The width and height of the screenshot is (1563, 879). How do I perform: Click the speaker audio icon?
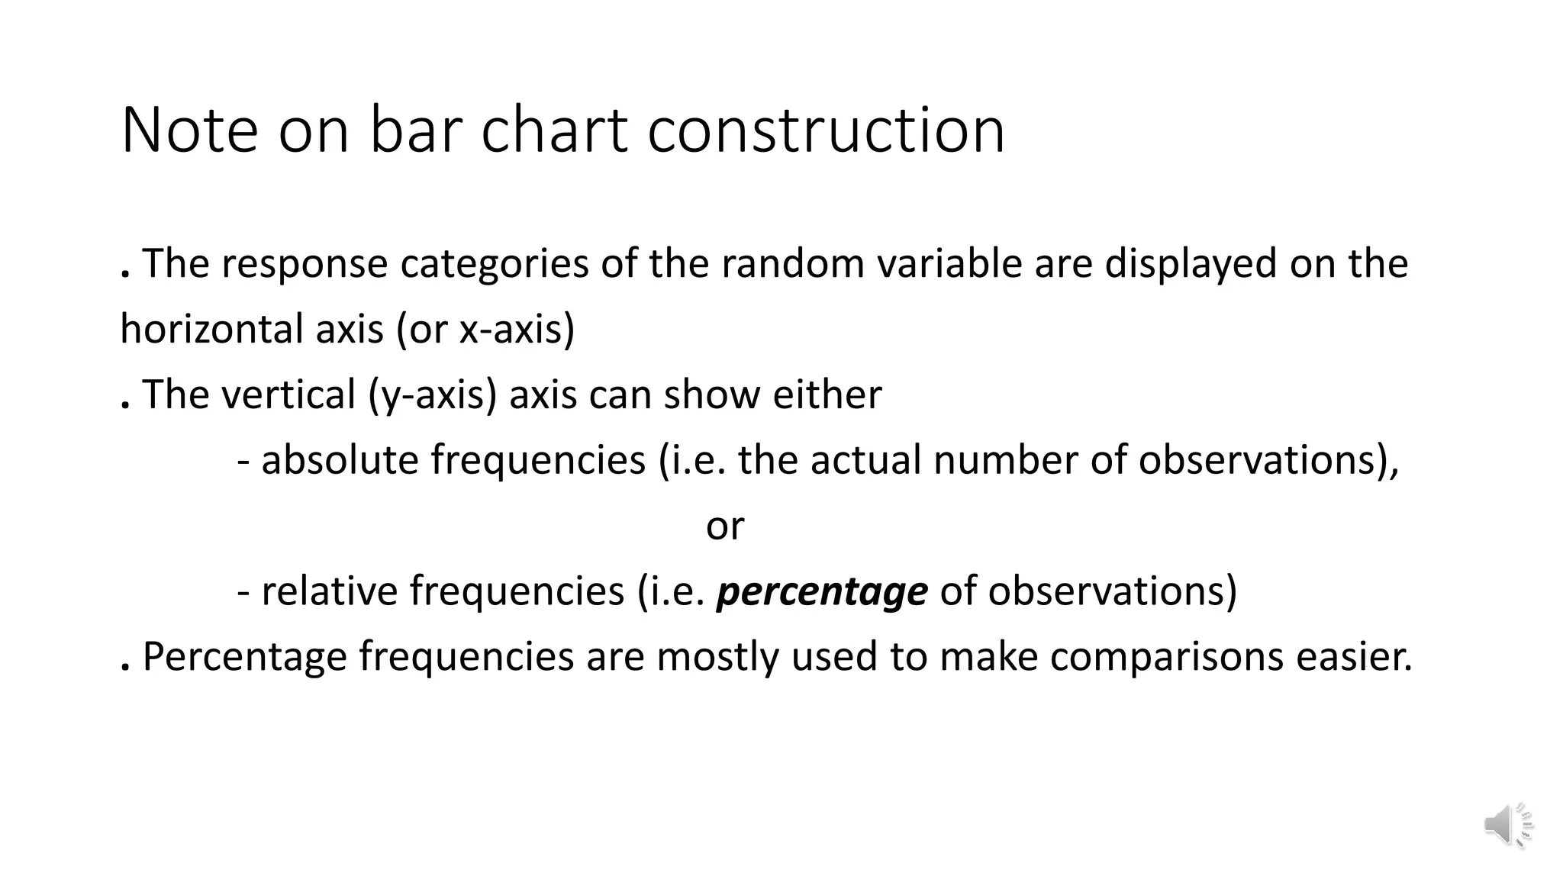click(x=1508, y=825)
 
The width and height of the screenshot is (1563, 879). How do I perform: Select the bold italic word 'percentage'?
click(x=822, y=592)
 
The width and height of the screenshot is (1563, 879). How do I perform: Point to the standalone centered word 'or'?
click(x=724, y=526)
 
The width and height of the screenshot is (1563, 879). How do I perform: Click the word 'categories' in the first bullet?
click(x=495, y=264)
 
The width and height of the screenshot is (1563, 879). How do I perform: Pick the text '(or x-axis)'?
click(x=485, y=330)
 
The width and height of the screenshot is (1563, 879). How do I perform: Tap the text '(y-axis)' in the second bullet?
click(x=432, y=395)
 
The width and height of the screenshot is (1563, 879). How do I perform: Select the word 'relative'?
click(x=329, y=591)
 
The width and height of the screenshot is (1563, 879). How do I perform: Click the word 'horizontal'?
click(x=198, y=330)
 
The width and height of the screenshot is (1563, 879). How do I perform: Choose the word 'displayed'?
click(x=1191, y=264)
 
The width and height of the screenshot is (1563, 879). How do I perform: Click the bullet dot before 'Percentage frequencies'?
click(x=124, y=668)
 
